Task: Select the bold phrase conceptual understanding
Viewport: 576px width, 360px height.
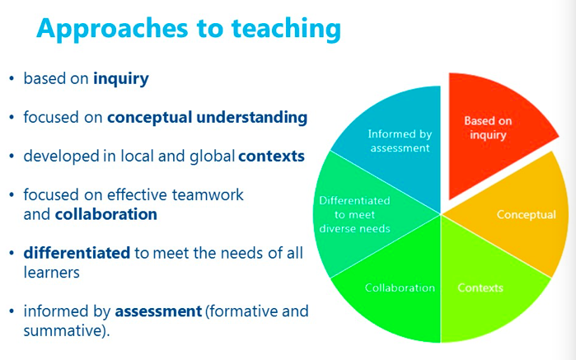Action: [x=207, y=118]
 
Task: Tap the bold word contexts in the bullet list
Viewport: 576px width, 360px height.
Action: [x=271, y=157]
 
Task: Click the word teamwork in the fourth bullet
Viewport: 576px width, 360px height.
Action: [x=210, y=195]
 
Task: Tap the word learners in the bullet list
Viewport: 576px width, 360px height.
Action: [x=51, y=272]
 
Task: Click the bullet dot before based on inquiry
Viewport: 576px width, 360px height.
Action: [x=12, y=80]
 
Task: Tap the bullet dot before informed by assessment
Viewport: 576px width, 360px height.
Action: [x=12, y=312]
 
